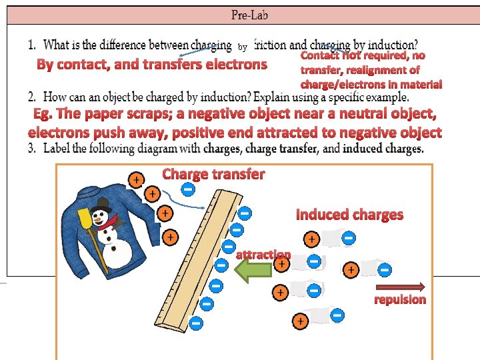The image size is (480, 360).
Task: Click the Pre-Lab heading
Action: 250,14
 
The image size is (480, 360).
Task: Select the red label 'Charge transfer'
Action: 213,175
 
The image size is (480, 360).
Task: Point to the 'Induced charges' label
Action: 349,215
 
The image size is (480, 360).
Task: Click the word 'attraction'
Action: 263,255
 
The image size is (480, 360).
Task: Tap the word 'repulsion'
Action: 400,299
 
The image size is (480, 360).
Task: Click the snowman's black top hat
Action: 103,203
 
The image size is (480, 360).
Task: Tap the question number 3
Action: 32,148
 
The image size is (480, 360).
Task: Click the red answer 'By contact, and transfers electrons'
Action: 151,65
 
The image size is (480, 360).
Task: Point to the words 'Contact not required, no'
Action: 363,56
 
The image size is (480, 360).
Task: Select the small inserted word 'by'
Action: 243,47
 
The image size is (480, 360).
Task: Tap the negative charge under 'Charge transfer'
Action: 188,190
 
